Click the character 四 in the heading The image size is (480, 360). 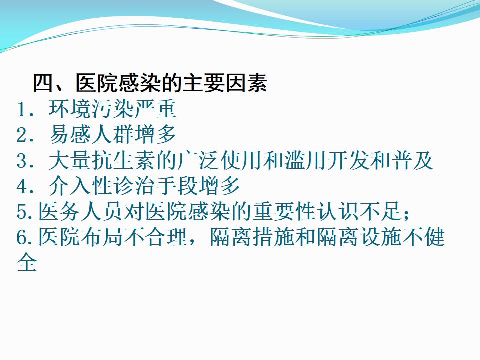(x=43, y=83)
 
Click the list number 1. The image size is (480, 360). (x=22, y=109)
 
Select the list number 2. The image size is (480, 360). (x=22, y=135)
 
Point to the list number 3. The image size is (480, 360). (x=22, y=161)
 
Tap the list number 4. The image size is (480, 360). (x=22, y=186)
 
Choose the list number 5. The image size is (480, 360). (x=22, y=212)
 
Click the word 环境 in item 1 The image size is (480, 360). (x=70, y=109)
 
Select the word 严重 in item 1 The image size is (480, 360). (x=155, y=109)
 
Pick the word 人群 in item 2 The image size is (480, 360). (x=112, y=134)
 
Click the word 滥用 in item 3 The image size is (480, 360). (x=305, y=160)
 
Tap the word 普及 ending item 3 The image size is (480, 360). (x=412, y=160)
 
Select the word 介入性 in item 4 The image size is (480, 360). (x=80, y=186)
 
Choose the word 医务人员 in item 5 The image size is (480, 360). (x=80, y=211)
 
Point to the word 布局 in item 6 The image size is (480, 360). (x=102, y=237)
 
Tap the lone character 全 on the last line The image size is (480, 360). (x=27, y=262)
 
